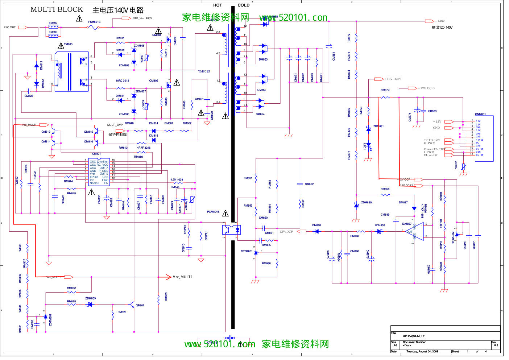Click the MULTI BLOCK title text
57,10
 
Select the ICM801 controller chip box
99,172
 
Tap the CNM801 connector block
484,138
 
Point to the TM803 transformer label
68,45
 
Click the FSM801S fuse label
94,22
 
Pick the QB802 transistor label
140,306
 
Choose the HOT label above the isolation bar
218,5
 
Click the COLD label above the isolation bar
243,5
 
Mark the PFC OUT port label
10,28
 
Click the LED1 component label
365,146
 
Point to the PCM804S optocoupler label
213,212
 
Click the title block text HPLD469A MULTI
414,336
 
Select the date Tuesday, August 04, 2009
422,351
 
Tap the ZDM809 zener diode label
90,299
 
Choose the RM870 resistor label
385,90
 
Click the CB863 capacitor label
432,111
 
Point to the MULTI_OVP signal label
115,125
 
